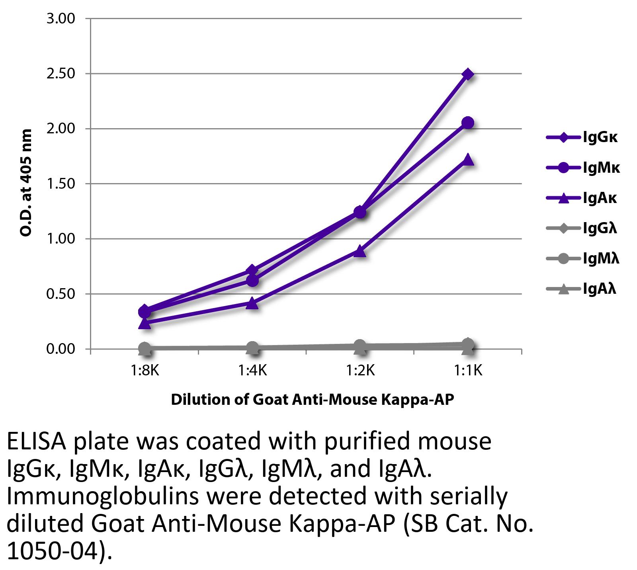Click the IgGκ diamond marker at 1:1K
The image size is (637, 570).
click(x=468, y=74)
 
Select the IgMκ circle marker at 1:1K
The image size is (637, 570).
click(x=468, y=123)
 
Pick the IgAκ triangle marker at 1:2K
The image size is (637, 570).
click(x=360, y=251)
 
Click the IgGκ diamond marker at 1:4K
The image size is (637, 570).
click(x=252, y=271)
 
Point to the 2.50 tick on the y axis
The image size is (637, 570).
click(x=61, y=74)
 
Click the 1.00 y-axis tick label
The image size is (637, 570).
click(x=61, y=239)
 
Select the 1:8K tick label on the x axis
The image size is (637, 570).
click(x=145, y=371)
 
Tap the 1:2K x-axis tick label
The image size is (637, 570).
click(x=360, y=371)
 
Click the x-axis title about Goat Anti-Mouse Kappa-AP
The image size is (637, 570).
click(x=312, y=399)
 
